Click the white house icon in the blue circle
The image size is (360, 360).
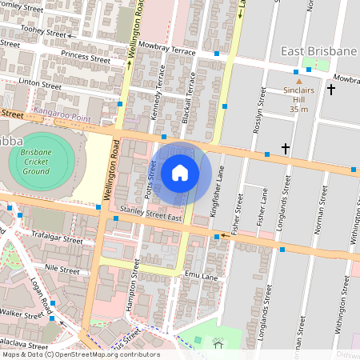(x=180, y=172)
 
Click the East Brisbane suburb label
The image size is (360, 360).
(x=318, y=51)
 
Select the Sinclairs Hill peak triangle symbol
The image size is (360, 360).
(x=299, y=81)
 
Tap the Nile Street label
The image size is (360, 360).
(x=63, y=269)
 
